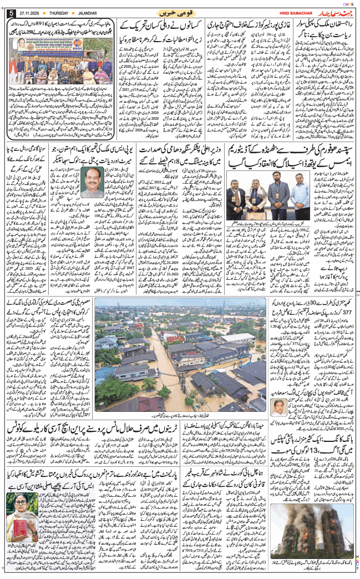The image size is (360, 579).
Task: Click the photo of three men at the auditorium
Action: point(261,194)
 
